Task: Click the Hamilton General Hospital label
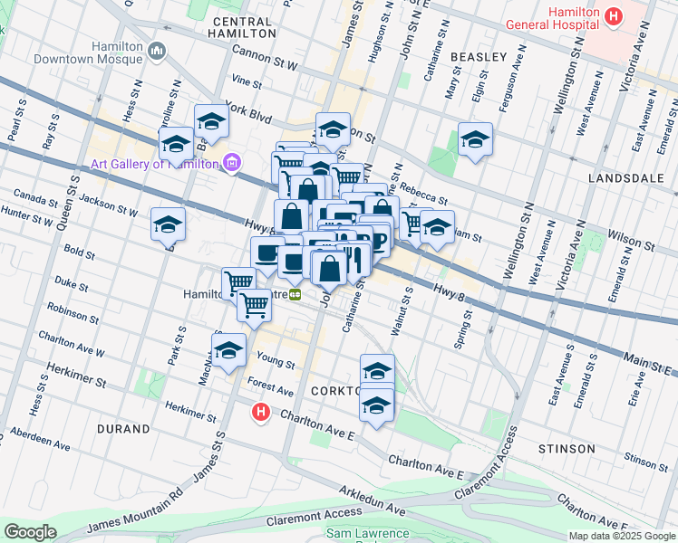(553, 24)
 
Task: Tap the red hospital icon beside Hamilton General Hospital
(614, 16)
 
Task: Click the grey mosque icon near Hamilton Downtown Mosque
(159, 52)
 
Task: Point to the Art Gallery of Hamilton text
(153, 164)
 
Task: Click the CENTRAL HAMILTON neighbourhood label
(242, 26)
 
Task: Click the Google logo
(30, 532)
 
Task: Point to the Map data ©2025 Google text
(622, 536)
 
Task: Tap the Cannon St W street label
(265, 59)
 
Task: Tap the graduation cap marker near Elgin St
(474, 140)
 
